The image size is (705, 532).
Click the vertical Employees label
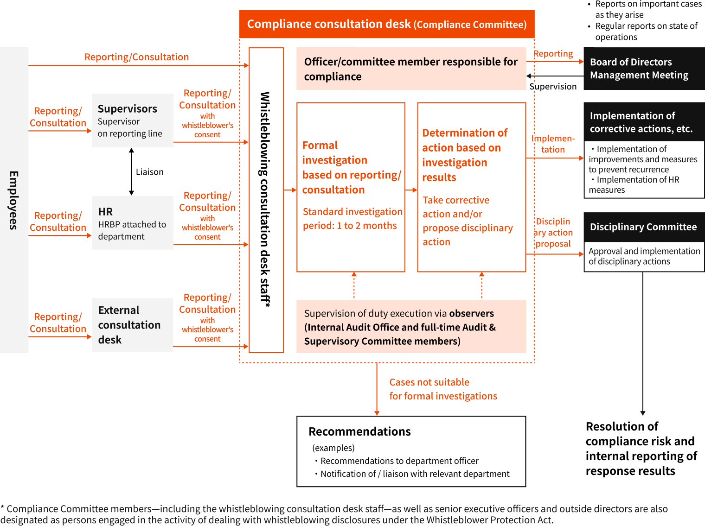14,200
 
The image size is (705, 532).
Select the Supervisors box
133,120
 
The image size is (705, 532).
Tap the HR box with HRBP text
133,223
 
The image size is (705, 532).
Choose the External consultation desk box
132,325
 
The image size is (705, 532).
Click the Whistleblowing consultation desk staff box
266,200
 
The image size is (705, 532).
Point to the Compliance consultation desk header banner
387,24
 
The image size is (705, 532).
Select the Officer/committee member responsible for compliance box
411,69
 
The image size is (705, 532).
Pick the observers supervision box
411,327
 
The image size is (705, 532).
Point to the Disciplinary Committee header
643,227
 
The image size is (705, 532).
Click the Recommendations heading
359,431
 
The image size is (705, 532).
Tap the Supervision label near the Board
553,87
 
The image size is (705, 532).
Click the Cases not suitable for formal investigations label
443,389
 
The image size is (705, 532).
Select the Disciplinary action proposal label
553,233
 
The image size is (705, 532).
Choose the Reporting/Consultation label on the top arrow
136,57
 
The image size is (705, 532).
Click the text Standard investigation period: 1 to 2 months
352,219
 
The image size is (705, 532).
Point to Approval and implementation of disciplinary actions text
644,256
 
